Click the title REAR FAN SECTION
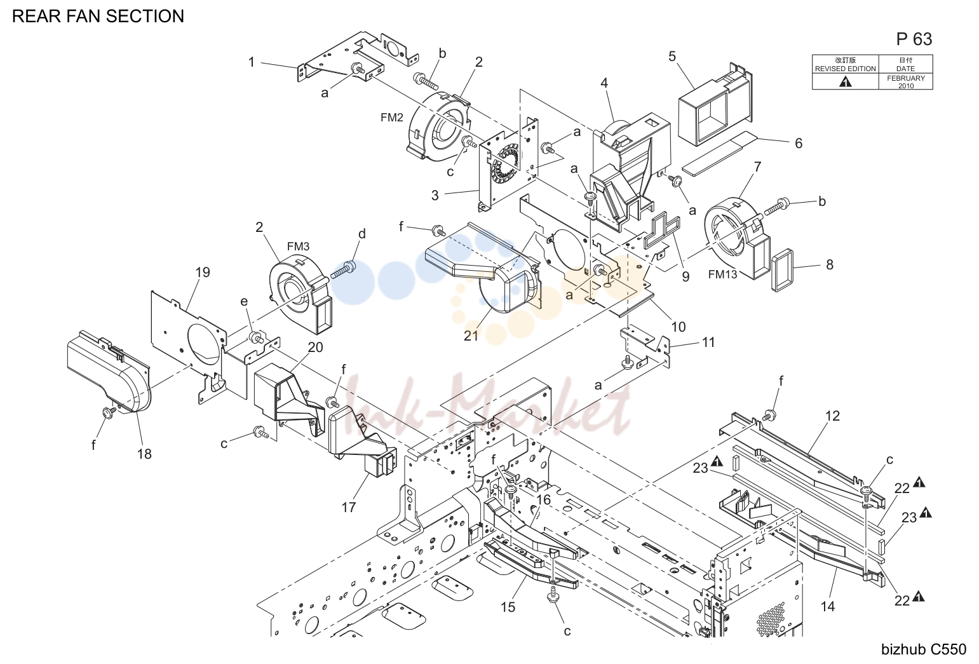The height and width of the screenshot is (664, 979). click(x=98, y=16)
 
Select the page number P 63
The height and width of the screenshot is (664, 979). click(x=914, y=39)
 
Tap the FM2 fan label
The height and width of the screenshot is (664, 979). click(x=391, y=118)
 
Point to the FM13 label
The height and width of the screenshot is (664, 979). click(x=722, y=274)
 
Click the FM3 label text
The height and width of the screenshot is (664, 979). click(x=298, y=247)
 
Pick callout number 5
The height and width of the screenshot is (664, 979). click(x=672, y=57)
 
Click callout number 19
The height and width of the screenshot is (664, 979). click(x=203, y=273)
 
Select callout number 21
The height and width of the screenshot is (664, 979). click(x=471, y=335)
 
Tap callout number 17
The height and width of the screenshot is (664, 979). click(x=349, y=507)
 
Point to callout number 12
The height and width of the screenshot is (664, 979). click(x=833, y=416)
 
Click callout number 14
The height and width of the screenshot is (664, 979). click(x=828, y=606)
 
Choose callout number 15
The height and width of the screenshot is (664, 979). click(x=508, y=607)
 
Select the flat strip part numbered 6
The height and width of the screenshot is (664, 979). click(x=719, y=153)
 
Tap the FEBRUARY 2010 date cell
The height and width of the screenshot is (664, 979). click(x=905, y=82)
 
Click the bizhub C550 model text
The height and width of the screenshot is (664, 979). click(x=924, y=649)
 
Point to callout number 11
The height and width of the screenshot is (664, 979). click(x=708, y=342)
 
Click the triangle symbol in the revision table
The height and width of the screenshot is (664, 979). click(x=845, y=82)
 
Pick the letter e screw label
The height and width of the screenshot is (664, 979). click(x=244, y=302)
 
